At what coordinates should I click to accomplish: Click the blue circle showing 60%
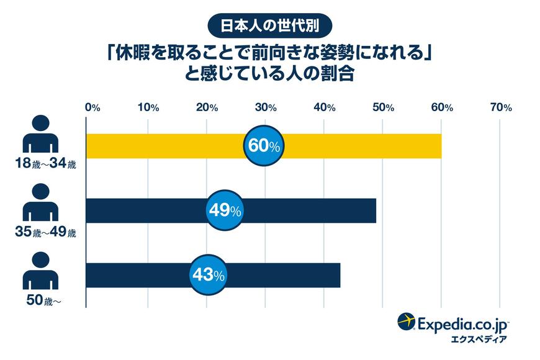point(265,146)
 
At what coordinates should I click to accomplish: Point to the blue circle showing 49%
point(223,210)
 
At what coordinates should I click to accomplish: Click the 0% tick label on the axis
point(92,107)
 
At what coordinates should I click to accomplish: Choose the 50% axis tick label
point(383,107)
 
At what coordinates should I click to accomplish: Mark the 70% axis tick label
point(500,107)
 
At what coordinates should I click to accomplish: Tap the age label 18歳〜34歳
point(47,165)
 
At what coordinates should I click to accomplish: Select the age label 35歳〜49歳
point(47,233)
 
